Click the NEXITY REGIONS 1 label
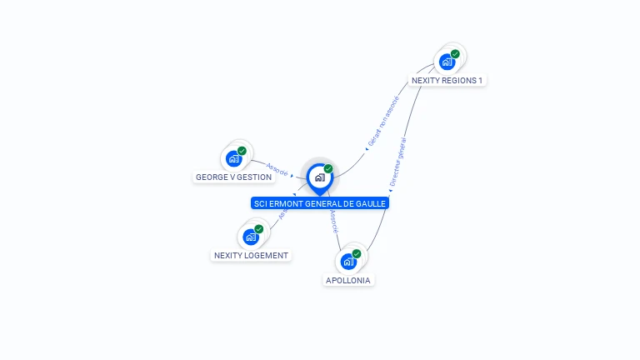coord(447,81)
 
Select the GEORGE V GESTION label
coord(233,177)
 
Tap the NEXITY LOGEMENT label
coord(251,256)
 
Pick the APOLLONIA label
coord(348,281)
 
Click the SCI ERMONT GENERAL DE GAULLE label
coord(320,203)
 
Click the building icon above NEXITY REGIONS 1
coord(447,62)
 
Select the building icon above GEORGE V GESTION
coord(233,158)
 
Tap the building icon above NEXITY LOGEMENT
coord(251,237)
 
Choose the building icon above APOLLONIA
coord(348,262)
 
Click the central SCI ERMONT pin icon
coord(319,177)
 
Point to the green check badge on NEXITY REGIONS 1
coord(455,54)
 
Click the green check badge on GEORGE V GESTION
coord(242,151)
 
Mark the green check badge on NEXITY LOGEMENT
coord(259,229)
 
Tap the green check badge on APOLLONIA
coord(357,254)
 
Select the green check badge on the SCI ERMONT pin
coord(328,169)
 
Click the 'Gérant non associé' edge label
coord(383,122)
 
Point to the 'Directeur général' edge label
coord(398,162)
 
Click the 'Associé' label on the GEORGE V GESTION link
coord(277,169)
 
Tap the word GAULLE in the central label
coord(372,203)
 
